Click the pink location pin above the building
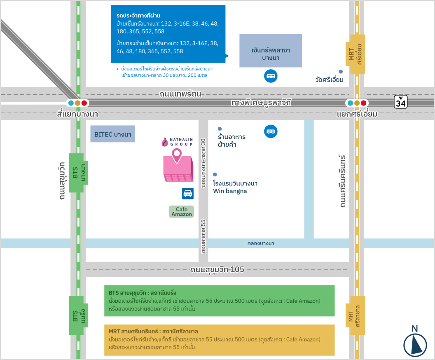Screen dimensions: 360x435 click(177, 155)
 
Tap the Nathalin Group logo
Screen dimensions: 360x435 click(177, 142)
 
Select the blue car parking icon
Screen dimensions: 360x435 click(188, 194)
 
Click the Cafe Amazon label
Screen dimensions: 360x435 click(181, 212)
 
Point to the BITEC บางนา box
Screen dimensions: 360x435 click(112, 134)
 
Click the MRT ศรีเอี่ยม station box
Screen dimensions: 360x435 click(357, 54)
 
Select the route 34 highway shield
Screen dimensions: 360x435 click(400, 102)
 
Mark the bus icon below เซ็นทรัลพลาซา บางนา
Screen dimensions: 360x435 click(271, 76)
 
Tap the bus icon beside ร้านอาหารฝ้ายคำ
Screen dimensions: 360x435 click(271, 131)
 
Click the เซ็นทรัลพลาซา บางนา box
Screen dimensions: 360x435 click(271, 51)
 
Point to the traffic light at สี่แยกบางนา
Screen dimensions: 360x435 click(77, 103)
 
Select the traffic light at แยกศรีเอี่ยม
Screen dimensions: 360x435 click(357, 103)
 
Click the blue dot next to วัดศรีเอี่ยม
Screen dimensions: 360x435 click(341, 71)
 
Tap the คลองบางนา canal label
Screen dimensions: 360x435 click(261, 243)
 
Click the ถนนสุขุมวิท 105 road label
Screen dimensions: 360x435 click(217, 270)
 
